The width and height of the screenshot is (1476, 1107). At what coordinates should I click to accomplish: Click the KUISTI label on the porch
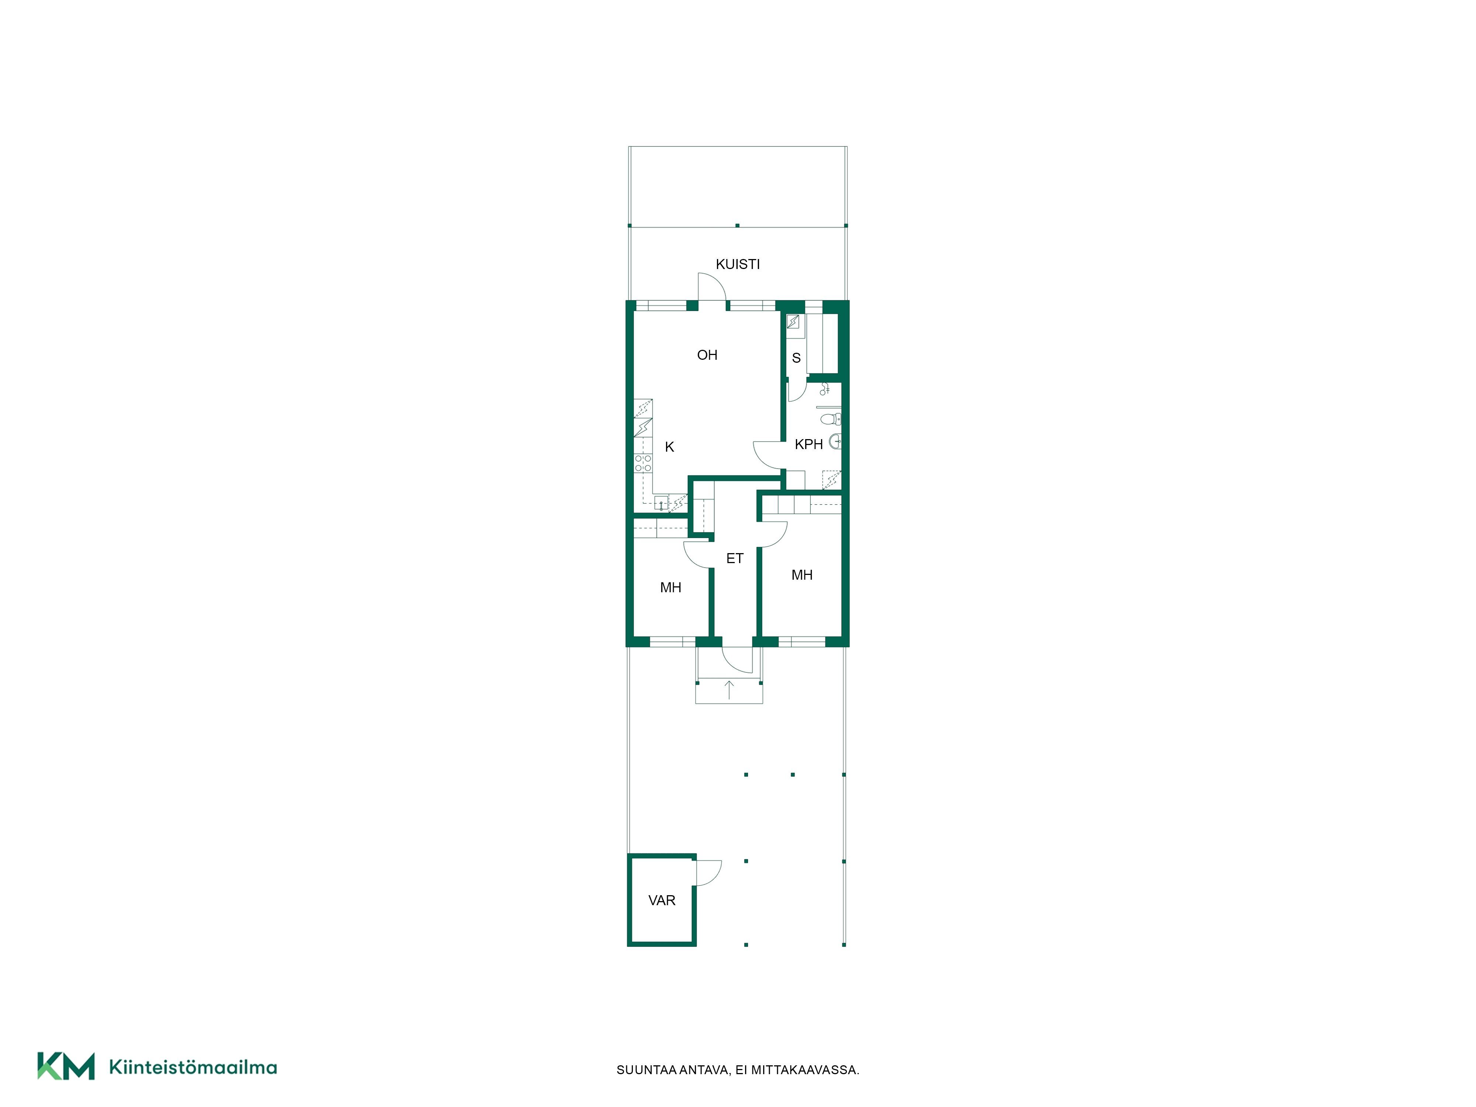(x=737, y=264)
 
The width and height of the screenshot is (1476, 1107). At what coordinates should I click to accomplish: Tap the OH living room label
(x=707, y=355)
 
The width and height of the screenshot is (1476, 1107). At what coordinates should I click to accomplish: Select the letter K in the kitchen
(x=669, y=447)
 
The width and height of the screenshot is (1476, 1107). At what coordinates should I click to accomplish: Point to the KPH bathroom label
(x=809, y=444)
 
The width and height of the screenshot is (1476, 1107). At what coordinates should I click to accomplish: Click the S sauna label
(x=796, y=358)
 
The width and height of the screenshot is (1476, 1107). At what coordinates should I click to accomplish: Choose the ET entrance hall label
(x=735, y=559)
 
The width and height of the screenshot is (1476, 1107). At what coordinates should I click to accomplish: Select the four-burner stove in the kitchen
(x=642, y=463)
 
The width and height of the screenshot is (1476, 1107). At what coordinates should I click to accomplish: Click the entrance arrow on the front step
(x=729, y=690)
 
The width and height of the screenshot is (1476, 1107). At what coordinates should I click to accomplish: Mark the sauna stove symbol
(x=793, y=322)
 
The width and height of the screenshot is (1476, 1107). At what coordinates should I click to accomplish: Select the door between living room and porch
(x=712, y=287)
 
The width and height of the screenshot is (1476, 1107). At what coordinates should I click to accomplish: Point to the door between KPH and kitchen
(x=768, y=454)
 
